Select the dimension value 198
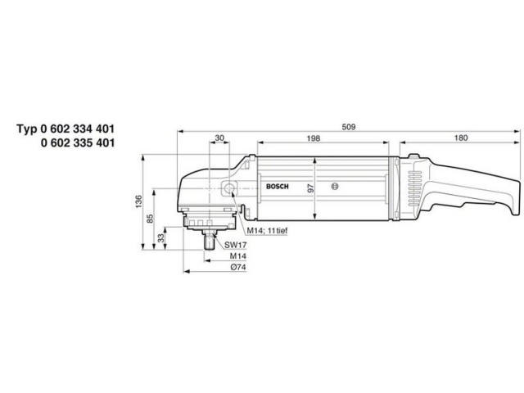[314, 138]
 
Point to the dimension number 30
[219, 138]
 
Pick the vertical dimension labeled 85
[150, 219]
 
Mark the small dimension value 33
[160, 237]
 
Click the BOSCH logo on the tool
[278, 187]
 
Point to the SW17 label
[237, 245]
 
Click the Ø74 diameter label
[237, 268]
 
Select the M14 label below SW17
[237, 256]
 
